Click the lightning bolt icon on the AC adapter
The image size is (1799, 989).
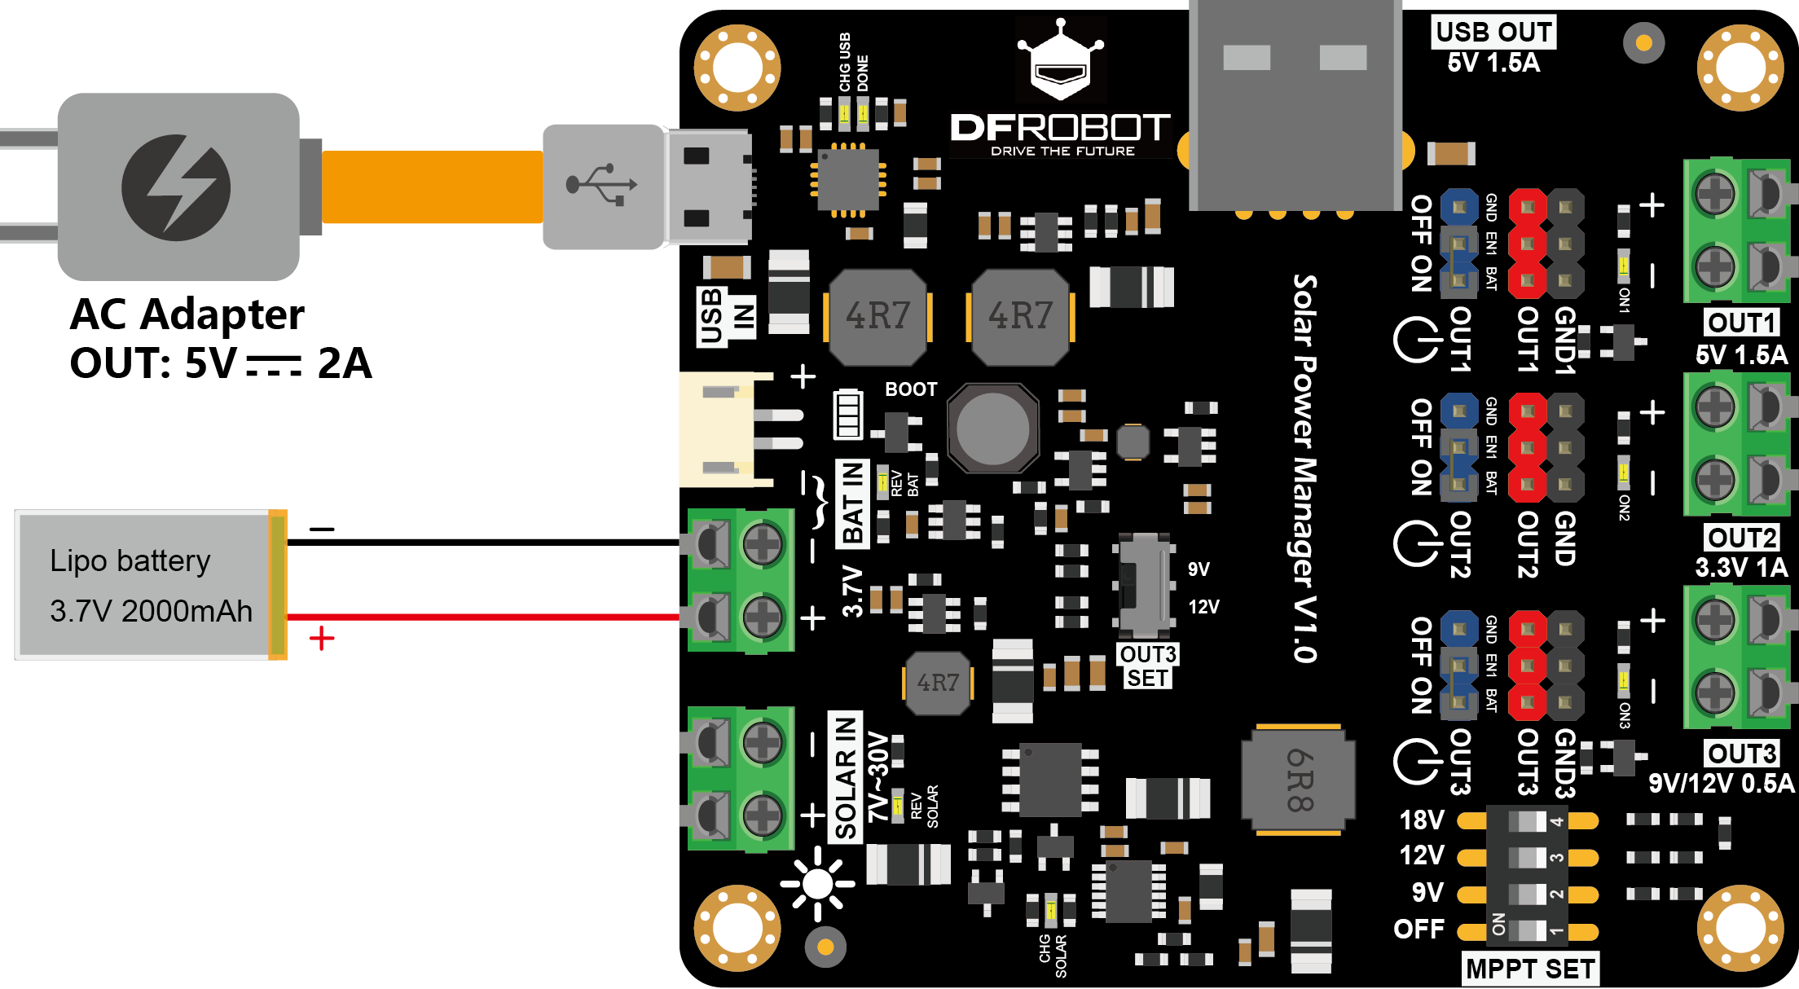pyautogui.click(x=176, y=187)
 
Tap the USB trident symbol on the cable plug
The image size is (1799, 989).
pyautogui.click(x=602, y=185)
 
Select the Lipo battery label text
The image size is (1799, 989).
pyautogui.click(x=130, y=561)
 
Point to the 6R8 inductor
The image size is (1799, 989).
pyautogui.click(x=1298, y=780)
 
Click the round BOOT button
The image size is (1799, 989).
pyautogui.click(x=992, y=429)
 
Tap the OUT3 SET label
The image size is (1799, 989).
pyautogui.click(x=1147, y=666)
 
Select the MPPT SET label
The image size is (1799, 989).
pyautogui.click(x=1529, y=969)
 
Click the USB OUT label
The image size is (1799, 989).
pyautogui.click(x=1493, y=32)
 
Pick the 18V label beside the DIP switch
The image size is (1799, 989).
pyautogui.click(x=1422, y=820)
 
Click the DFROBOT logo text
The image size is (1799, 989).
pyautogui.click(x=1060, y=128)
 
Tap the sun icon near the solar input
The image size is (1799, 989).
pyautogui.click(x=817, y=884)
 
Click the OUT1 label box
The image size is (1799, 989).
pyautogui.click(x=1741, y=323)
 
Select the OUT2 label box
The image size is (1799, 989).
pyautogui.click(x=1741, y=538)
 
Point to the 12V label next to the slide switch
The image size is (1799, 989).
pyautogui.click(x=1203, y=607)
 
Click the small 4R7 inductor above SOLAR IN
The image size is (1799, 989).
pyautogui.click(x=938, y=683)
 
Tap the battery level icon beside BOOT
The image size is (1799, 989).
pyautogui.click(x=847, y=414)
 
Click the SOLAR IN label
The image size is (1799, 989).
pyautogui.click(x=846, y=777)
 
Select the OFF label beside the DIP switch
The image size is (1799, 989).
pyautogui.click(x=1419, y=929)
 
